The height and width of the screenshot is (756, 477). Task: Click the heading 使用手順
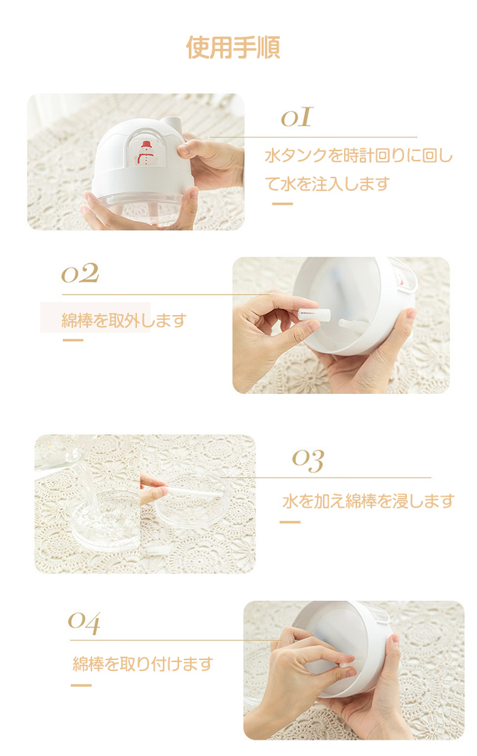coord(233,47)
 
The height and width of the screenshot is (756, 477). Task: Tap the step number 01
coord(297,118)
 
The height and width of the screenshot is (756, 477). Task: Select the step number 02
coord(80,274)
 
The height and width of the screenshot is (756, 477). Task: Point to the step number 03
coord(308,461)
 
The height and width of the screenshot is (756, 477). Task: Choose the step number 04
coord(84,623)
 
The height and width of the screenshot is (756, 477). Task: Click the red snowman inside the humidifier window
coord(145,152)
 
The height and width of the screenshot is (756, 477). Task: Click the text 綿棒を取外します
coord(124,320)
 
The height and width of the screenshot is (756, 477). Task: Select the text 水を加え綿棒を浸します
coord(369,502)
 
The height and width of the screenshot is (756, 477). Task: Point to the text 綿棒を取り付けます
coord(142,664)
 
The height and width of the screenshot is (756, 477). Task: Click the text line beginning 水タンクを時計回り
coord(358,156)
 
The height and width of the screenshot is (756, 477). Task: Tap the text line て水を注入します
coord(327,184)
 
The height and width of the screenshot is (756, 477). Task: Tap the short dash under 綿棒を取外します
coord(73,340)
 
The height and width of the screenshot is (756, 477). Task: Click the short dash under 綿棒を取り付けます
coord(81,685)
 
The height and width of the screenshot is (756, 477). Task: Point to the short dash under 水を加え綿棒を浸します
coord(290,522)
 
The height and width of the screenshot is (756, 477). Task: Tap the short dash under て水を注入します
coord(282,204)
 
